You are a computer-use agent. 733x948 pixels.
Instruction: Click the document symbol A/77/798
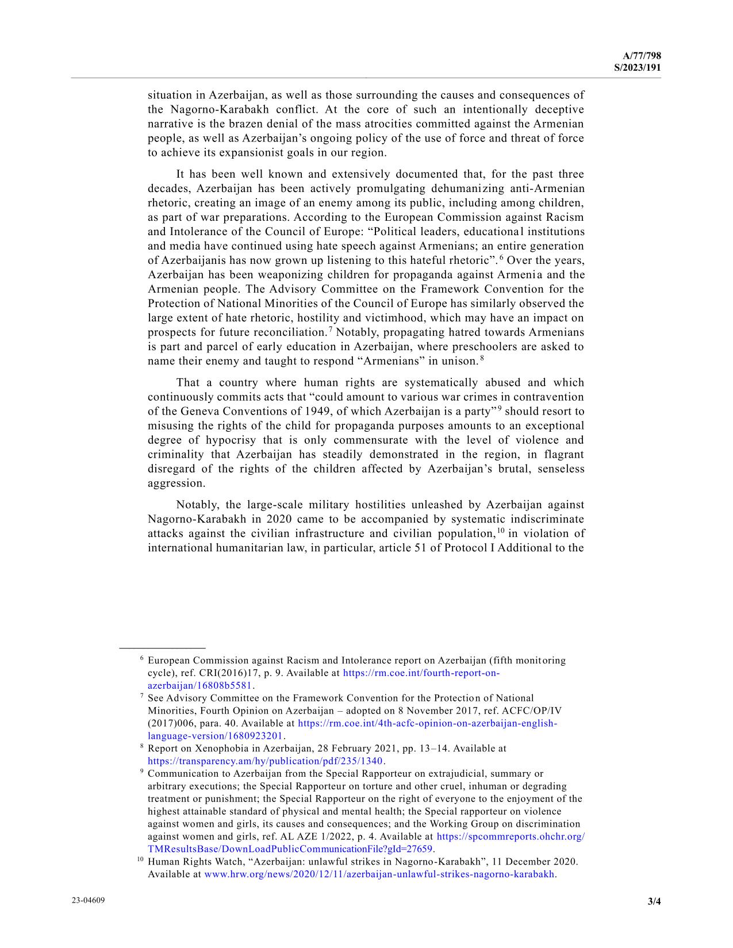point(642,56)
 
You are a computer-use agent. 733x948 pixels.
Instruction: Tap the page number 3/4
point(654,901)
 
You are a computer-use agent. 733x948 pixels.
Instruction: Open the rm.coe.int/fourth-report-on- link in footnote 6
point(421,673)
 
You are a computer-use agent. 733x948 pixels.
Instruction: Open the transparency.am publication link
point(265,761)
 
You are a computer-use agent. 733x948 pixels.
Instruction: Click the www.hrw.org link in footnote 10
point(379,874)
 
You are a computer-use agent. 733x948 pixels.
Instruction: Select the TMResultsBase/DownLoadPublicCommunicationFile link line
point(290,849)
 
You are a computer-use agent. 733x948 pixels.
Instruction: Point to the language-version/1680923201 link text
point(216,736)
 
